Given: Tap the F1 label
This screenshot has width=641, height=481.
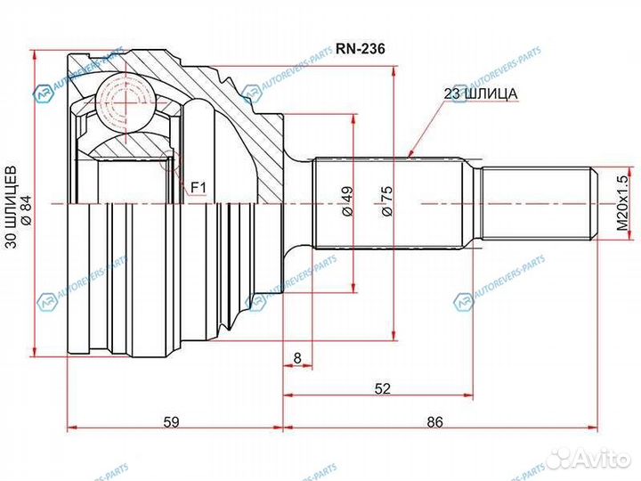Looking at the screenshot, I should pos(198,187).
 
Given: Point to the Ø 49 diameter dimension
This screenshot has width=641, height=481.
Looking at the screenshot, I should pos(345,204).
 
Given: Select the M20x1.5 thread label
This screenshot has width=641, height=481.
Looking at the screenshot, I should pos(622,204).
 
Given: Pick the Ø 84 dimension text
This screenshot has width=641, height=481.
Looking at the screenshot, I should pos(27,205).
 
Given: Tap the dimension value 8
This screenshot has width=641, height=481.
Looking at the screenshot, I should pos(297,358).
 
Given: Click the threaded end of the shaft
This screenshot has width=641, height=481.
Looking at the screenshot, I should pos(539,204).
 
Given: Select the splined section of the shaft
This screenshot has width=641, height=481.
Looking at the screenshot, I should pos(388,204).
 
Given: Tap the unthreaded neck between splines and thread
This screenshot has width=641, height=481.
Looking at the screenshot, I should pos(473,204).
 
